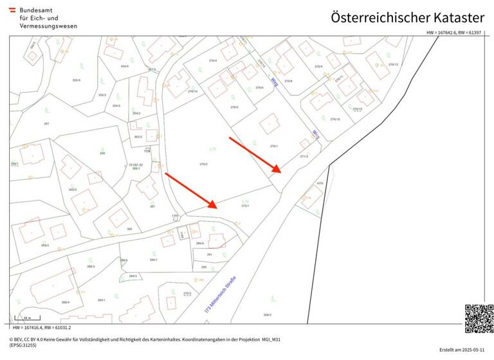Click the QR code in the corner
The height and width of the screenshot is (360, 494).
[479, 319]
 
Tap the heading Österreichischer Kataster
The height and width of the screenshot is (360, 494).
[407, 17]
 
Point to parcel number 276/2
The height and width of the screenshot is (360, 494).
[203, 164]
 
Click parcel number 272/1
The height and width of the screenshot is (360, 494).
[245, 206]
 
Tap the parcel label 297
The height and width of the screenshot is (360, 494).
[46, 123]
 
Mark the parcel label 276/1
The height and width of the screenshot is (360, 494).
[274, 146]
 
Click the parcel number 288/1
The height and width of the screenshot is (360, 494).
[153, 260]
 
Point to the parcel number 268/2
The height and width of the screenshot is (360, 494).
[267, 314]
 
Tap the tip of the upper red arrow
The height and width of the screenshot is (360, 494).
[281, 173]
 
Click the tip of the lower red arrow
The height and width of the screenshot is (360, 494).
[217, 208]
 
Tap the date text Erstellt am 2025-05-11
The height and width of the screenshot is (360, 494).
[462, 350]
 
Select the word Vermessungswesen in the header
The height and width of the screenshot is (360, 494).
[48, 26]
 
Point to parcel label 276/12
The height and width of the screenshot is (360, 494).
[393, 65]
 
